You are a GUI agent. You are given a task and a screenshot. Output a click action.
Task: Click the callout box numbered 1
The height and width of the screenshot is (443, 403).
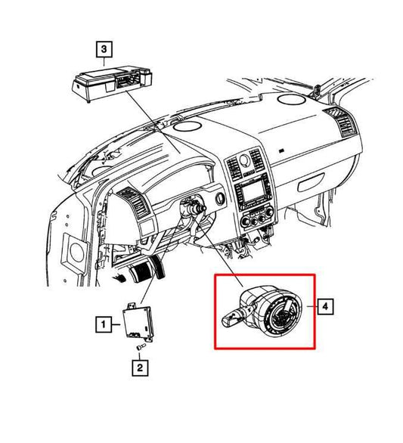pyautogui.click(x=103, y=324)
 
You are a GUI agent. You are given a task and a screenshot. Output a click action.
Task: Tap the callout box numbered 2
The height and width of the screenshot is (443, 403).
pyautogui.click(x=140, y=368)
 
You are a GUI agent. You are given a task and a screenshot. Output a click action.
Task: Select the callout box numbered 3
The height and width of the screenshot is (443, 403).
pyautogui.click(x=104, y=49)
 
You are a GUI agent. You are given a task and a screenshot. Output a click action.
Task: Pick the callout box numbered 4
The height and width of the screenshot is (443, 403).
pyautogui.click(x=325, y=306)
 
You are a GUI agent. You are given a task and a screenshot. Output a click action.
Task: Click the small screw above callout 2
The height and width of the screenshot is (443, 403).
pyautogui.click(x=141, y=347)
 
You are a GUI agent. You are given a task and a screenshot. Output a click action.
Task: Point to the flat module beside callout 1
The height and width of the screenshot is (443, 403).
pyautogui.click(x=138, y=321)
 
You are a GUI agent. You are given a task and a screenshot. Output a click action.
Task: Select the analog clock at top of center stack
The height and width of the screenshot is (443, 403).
pyautogui.click(x=244, y=160)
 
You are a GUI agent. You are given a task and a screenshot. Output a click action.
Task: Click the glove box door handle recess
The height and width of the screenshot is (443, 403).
pyautogui.click(x=311, y=182)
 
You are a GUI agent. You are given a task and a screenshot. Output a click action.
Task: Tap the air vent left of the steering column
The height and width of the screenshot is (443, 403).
pyautogui.click(x=133, y=203)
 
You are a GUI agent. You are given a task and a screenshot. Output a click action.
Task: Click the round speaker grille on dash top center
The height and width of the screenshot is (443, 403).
pyautogui.click(x=188, y=126)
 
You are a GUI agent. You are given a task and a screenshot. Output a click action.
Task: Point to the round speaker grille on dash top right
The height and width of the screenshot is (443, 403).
pyautogui.click(x=291, y=98)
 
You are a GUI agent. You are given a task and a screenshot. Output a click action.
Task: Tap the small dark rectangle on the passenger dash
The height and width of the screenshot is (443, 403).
pyautogui.click(x=282, y=151)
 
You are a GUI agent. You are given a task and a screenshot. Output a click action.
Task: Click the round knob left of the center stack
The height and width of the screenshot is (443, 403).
pyautogui.click(x=220, y=199)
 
